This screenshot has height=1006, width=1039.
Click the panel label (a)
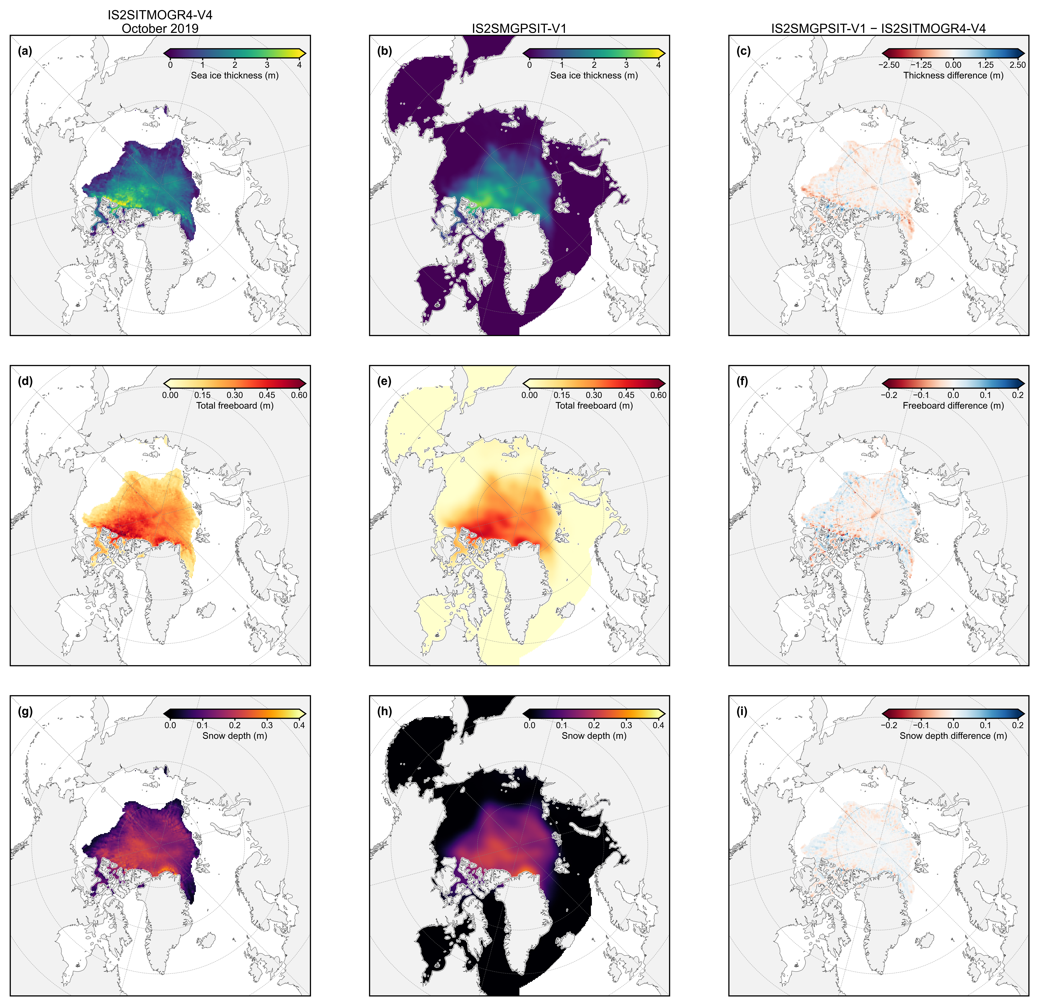(25, 51)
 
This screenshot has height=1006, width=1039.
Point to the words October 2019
(160, 29)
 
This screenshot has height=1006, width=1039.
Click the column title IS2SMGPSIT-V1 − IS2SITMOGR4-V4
(878, 29)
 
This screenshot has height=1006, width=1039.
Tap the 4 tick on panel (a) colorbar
(300, 65)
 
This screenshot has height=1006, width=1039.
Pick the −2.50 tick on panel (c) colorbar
(889, 65)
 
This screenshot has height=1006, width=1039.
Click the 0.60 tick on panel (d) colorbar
(299, 395)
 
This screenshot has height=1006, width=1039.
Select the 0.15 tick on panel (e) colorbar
(562, 395)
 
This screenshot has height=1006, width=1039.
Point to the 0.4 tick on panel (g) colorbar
(299, 725)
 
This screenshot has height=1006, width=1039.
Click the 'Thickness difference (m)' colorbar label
(953, 75)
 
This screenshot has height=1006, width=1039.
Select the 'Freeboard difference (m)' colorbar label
(953, 405)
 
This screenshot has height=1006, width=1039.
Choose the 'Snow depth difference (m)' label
(953, 736)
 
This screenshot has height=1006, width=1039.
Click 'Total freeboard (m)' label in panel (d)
(235, 405)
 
